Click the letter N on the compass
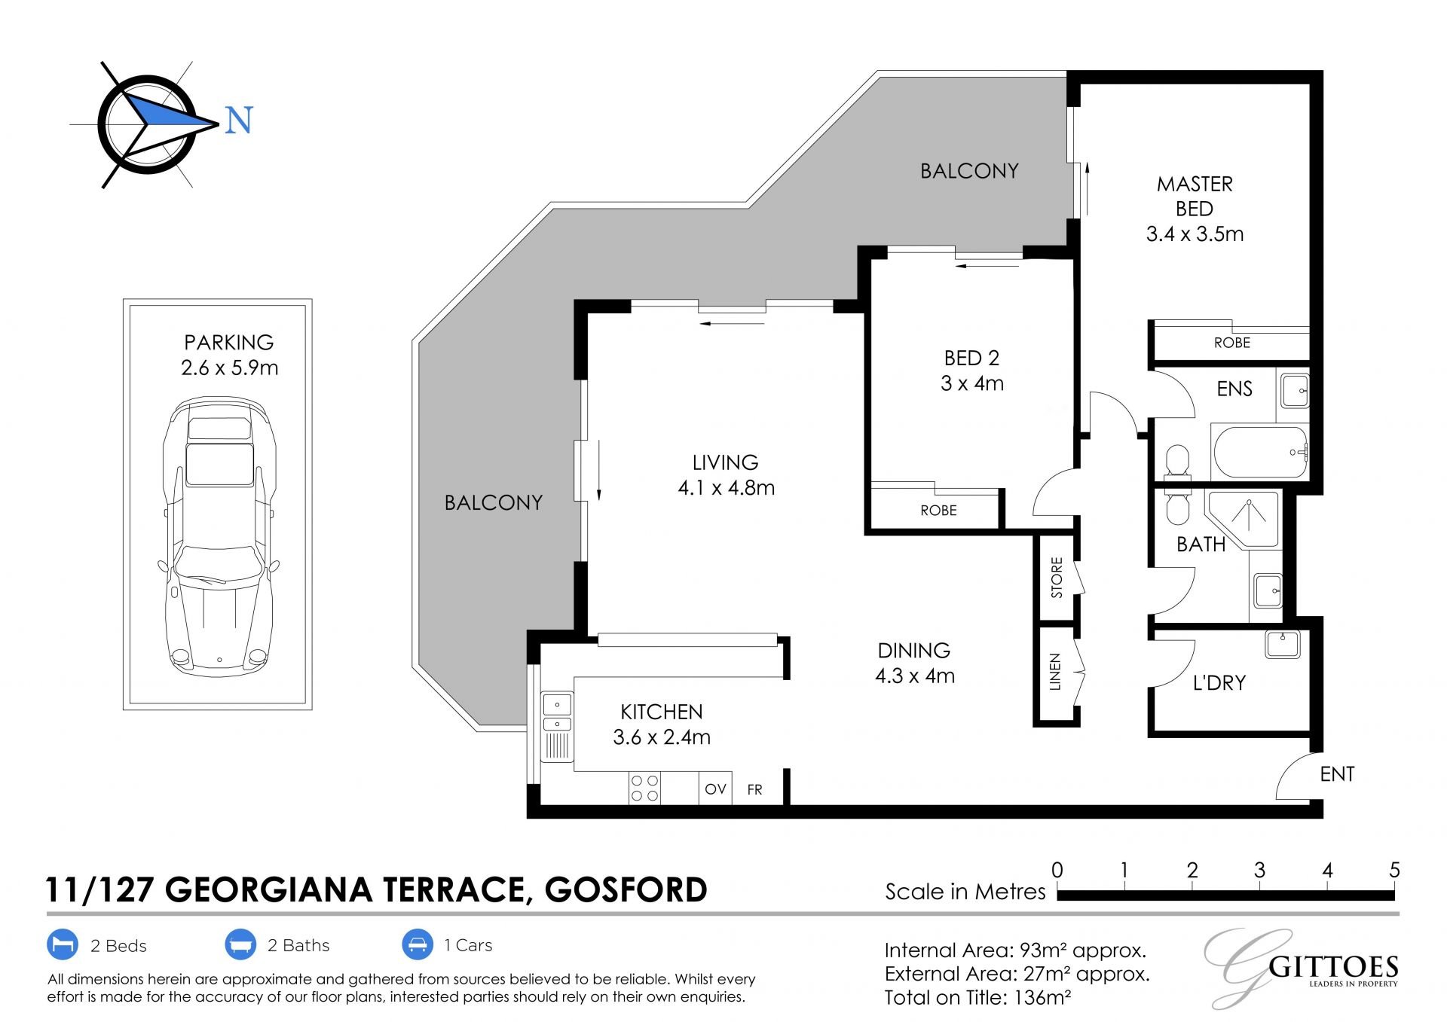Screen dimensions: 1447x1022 [x=239, y=121]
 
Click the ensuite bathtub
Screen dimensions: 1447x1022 [x=1260, y=452]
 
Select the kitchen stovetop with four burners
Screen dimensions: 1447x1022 [x=644, y=788]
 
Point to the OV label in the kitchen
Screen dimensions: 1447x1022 [x=715, y=789]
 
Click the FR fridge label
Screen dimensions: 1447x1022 [x=754, y=789]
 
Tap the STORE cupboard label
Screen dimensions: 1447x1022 [x=1057, y=578]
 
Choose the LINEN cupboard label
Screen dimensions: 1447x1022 [x=1055, y=672]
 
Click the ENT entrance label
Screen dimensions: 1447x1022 [x=1337, y=773]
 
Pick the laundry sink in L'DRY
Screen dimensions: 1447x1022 [x=1282, y=644]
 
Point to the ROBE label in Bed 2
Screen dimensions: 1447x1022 [x=938, y=511]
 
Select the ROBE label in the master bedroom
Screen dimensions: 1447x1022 [x=1232, y=343]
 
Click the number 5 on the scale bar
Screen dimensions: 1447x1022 [x=1394, y=870]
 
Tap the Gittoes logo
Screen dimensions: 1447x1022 [x=1302, y=968]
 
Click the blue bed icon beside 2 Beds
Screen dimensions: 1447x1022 [x=63, y=944]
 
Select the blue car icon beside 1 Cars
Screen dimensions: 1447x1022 [x=417, y=944]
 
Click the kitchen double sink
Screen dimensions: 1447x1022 [x=557, y=715]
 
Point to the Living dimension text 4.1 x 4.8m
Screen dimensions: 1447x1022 [x=726, y=488]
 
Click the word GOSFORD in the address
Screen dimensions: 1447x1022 [x=626, y=889]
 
